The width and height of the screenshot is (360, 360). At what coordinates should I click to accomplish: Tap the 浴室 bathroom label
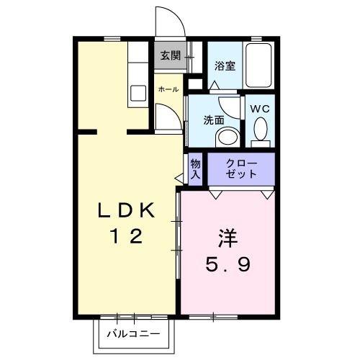[x=225, y=66]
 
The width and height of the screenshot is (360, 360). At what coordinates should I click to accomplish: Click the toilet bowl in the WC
[x=261, y=130]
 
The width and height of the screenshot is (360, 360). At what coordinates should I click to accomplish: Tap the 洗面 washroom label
[x=214, y=120]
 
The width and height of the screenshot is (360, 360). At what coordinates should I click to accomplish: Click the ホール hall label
[x=168, y=89]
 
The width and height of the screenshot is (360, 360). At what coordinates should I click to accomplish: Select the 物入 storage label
[x=196, y=169]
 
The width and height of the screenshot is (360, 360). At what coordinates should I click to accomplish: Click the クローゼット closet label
[x=241, y=169]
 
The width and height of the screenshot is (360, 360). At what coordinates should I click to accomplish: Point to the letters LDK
[x=127, y=210]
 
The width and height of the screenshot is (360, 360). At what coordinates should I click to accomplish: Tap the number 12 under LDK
[x=127, y=235]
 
